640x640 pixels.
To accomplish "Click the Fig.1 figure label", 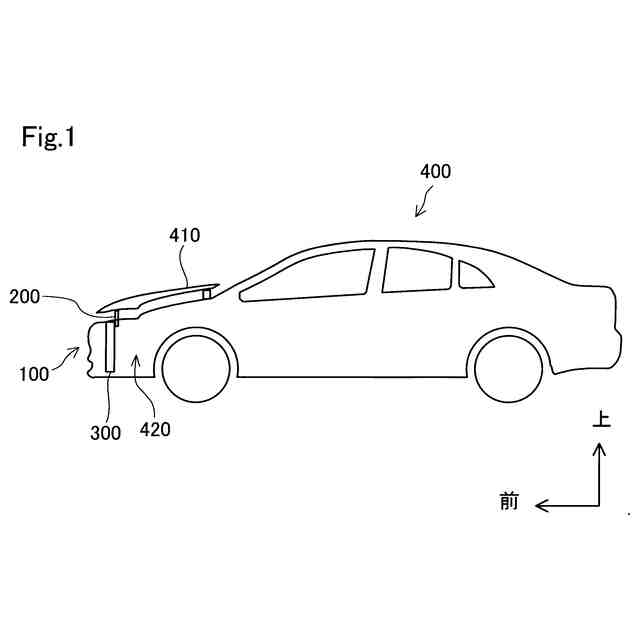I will point(49,138).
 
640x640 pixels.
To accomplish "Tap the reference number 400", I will point(435,171).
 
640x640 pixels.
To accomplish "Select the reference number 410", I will point(184,236).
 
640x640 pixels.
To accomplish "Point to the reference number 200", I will point(25,296).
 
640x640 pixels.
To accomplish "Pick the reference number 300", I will point(105,433).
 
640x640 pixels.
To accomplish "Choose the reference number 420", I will point(155,430).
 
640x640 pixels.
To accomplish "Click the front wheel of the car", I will point(196,368).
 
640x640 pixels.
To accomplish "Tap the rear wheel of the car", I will point(508,368).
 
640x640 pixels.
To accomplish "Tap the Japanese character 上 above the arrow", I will point(600,421).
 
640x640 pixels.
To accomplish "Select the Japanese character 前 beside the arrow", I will point(509,502).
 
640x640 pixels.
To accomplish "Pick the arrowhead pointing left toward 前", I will point(540,505).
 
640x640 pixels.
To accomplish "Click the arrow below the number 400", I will point(424,205).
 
